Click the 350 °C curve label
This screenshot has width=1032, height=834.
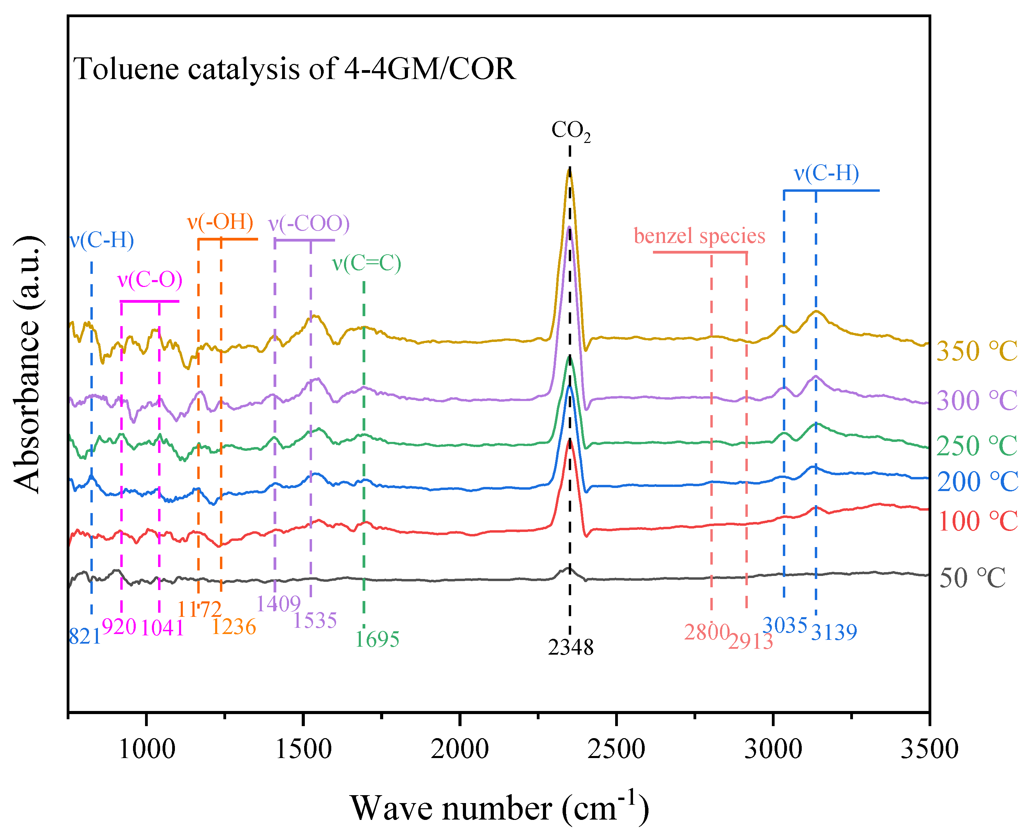976,351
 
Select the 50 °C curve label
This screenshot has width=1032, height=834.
972,578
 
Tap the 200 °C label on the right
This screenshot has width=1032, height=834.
977,482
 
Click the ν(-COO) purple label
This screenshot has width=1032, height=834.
309,223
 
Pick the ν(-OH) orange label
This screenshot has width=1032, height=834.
220,222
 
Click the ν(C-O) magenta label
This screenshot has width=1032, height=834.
150,280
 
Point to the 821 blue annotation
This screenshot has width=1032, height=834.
85,636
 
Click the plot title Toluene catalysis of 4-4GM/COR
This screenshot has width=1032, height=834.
294,69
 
